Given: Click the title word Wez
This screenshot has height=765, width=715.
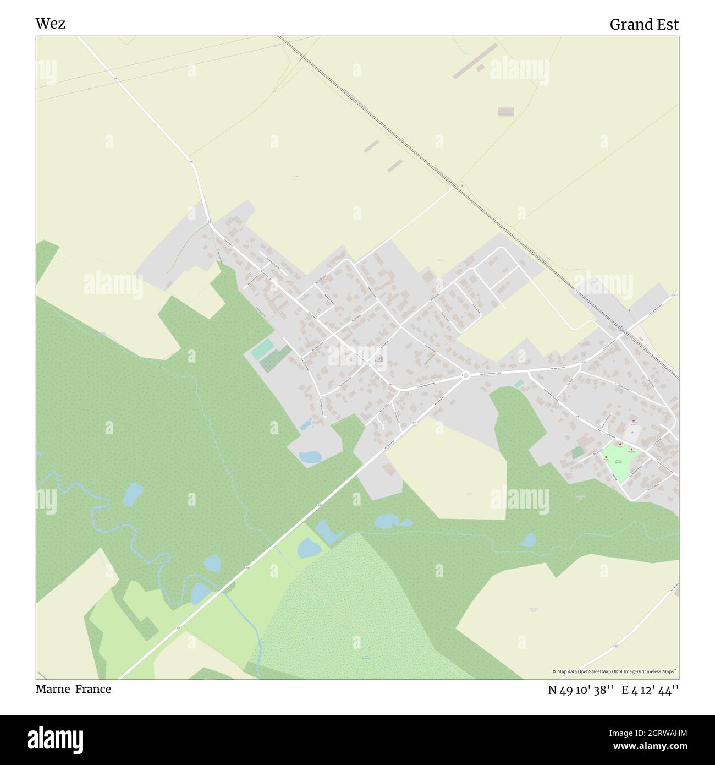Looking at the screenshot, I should [50, 24].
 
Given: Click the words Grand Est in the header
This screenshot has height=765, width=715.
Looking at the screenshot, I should [643, 25].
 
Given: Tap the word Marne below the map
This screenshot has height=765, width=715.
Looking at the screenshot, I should [53, 689].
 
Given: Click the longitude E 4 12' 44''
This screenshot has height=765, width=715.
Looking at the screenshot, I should [650, 690].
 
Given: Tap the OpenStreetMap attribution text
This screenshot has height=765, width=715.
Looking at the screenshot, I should [615, 671].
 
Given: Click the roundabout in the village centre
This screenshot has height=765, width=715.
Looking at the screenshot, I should [465, 375].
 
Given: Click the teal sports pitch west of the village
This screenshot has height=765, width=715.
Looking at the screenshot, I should [263, 349].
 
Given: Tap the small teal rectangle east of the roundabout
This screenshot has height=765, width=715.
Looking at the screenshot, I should [519, 384].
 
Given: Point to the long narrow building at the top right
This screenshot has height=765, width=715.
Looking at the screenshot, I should [475, 61].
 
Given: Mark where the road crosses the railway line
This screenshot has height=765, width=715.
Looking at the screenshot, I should [620, 329].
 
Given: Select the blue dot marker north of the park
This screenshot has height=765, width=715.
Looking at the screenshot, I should [632, 432].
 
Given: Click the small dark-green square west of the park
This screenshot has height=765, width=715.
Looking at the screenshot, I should [577, 452].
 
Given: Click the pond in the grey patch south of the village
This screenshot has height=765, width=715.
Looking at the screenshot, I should [310, 456].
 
